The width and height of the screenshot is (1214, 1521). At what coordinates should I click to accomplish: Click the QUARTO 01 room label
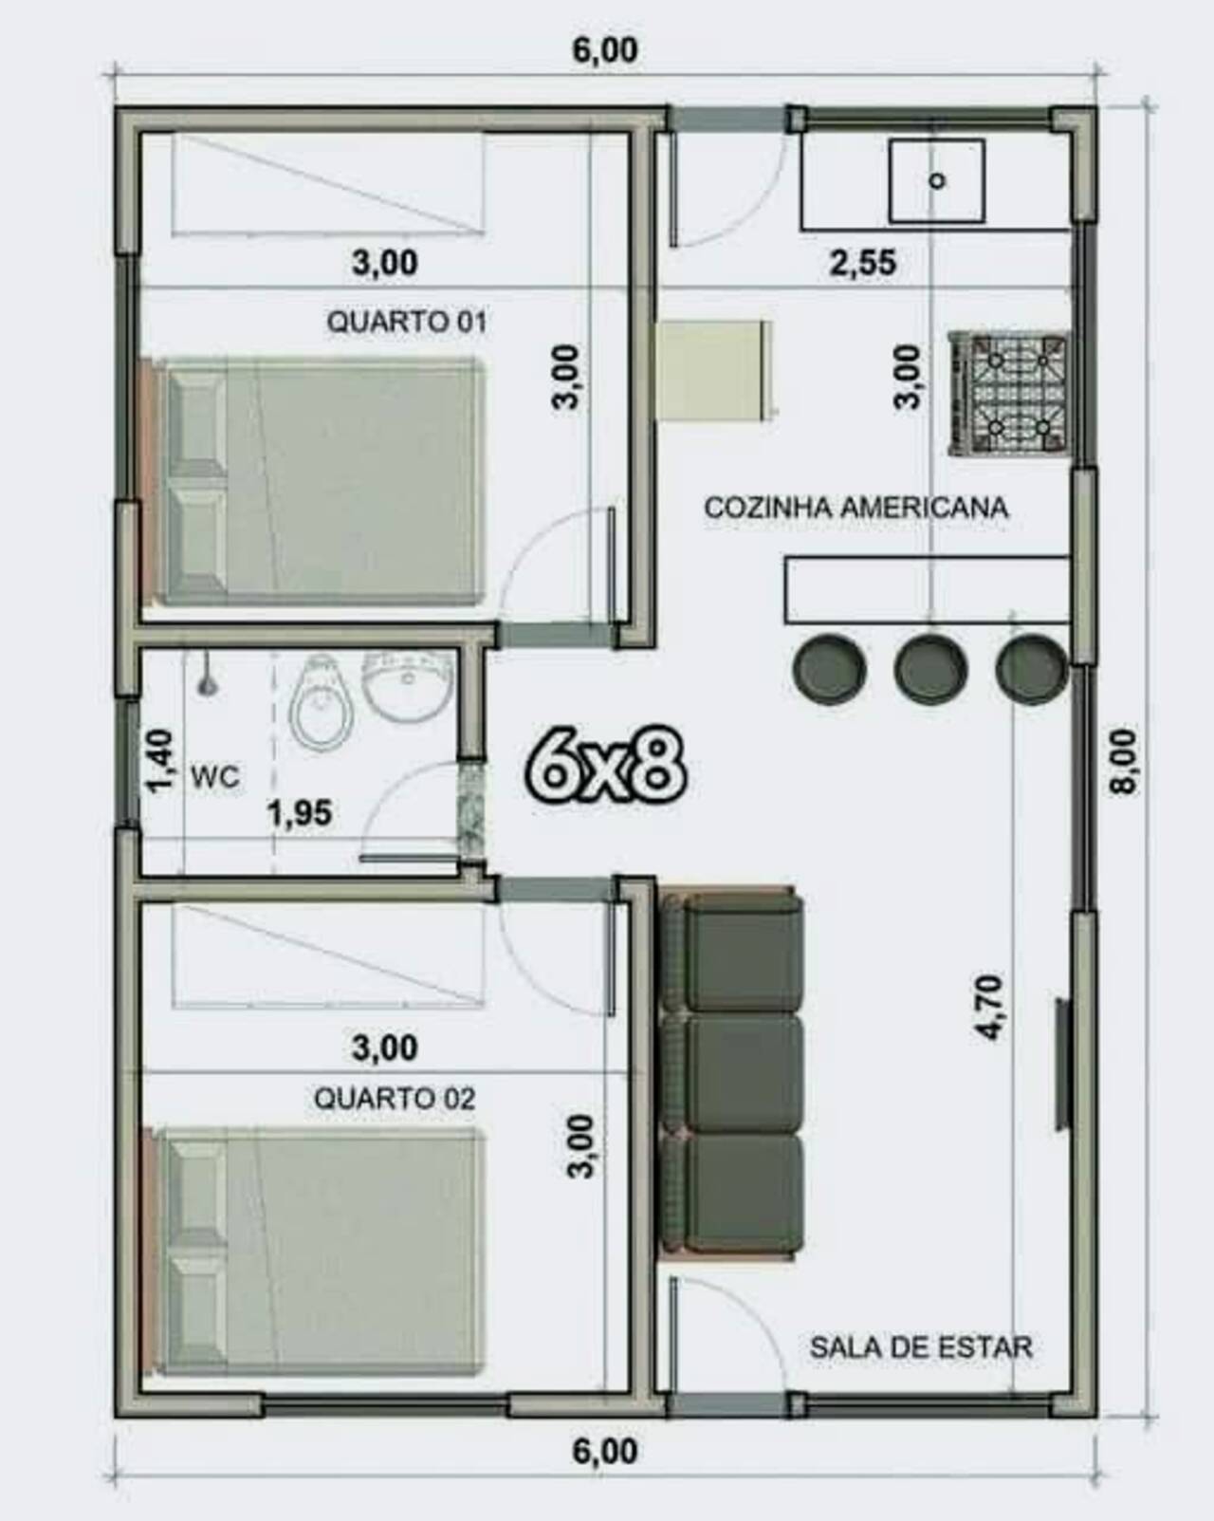click(406, 323)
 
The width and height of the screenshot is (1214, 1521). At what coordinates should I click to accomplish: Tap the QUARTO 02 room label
click(395, 1099)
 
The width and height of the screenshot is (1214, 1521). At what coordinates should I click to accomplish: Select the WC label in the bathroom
click(215, 778)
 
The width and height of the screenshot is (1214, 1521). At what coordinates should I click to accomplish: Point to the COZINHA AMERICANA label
click(856, 508)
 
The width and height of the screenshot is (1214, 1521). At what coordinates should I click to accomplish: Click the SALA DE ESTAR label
click(921, 1347)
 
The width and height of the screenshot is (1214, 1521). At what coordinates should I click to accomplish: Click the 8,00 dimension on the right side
click(1123, 762)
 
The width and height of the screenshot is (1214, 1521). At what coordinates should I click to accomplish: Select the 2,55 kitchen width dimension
click(862, 262)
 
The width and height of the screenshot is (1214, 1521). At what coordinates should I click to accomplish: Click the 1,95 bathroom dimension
click(300, 813)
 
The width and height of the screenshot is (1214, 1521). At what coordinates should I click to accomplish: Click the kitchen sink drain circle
click(938, 181)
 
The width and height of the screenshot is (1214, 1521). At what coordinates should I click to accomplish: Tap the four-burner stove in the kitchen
click(1008, 394)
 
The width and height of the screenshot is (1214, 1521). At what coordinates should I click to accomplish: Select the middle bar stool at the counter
click(930, 669)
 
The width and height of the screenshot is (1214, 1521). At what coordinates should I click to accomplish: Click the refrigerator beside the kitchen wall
click(715, 371)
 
